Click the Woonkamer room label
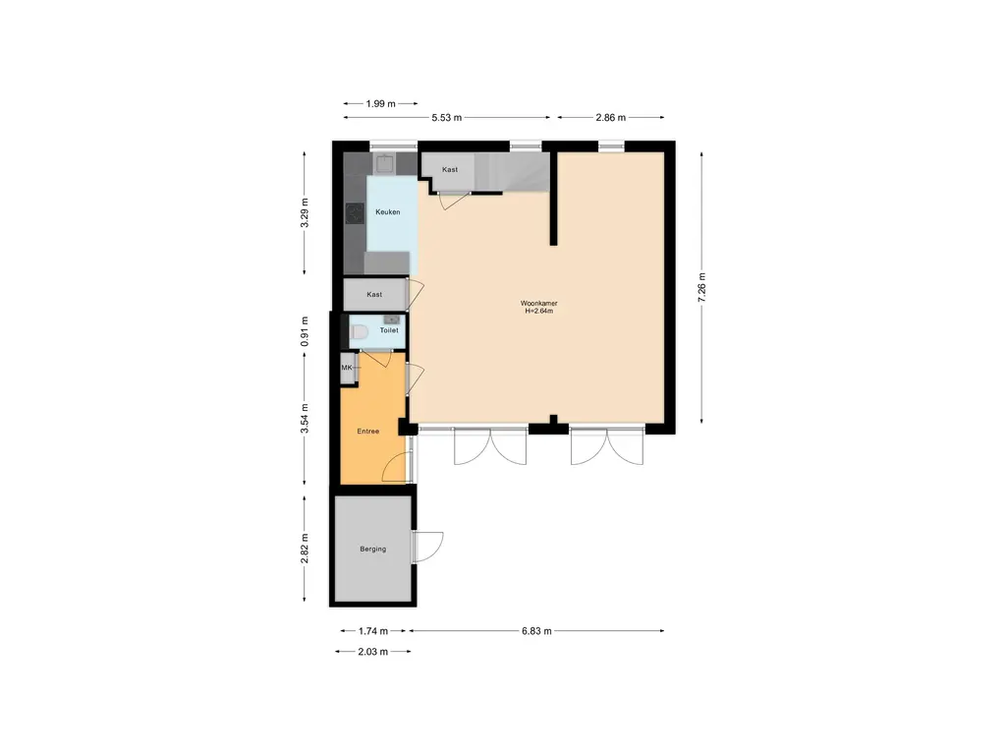538,303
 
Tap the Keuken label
387,211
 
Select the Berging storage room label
372,549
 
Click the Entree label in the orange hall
367,431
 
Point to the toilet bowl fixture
358,333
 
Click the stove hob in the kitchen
355,212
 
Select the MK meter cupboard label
346,368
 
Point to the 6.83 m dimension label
535,631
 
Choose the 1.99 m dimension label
380,103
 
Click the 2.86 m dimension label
611,117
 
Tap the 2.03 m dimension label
371,652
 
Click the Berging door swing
429,547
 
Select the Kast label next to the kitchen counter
450,170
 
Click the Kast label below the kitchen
373,294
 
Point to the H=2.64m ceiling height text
538,312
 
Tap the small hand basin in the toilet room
391,319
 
